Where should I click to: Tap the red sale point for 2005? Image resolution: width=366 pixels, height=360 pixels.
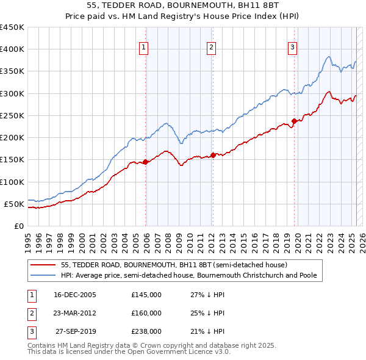146,162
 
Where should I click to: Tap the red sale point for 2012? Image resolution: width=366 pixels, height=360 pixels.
213,155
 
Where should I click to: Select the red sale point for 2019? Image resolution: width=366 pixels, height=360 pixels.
294,121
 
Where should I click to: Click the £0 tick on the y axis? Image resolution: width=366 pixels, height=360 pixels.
18,226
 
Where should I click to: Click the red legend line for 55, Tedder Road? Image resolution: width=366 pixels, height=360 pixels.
43,265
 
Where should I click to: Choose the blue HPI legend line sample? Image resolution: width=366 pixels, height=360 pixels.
43,276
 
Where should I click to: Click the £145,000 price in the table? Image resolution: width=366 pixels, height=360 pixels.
146,295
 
